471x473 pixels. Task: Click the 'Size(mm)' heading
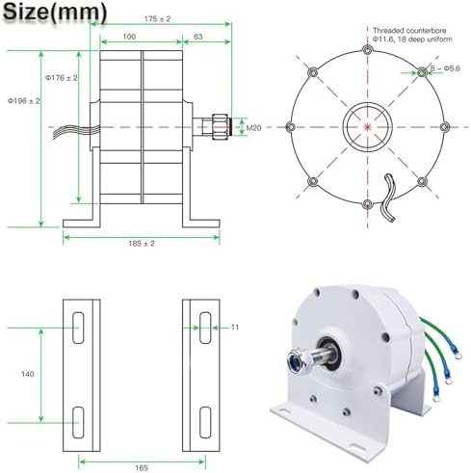(x=55, y=13)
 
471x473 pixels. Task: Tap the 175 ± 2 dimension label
(x=157, y=19)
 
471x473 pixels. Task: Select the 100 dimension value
(x=129, y=37)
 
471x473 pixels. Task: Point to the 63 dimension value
(x=198, y=37)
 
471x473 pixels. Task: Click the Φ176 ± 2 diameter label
(x=61, y=78)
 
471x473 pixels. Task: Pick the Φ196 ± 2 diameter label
(x=24, y=101)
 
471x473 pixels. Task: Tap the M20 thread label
(x=253, y=128)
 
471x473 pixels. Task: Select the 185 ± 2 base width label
(x=142, y=244)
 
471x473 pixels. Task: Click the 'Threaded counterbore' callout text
(x=409, y=31)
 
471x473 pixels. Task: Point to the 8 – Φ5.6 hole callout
(x=445, y=68)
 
